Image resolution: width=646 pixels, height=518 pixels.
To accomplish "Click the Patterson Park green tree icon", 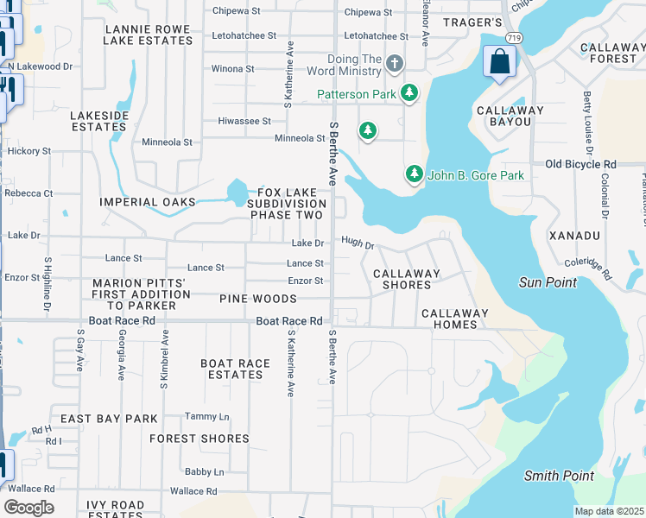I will click(409, 93).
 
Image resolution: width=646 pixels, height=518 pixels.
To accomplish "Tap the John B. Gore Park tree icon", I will click(415, 174).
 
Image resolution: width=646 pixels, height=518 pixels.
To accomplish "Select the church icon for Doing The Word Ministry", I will click(395, 63).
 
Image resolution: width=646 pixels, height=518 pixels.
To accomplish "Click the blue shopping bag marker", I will click(500, 61).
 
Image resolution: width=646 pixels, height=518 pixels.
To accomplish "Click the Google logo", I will click(28, 507).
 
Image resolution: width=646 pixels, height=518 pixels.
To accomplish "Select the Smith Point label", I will click(559, 476).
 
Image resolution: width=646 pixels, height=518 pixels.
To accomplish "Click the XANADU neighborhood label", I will click(574, 235).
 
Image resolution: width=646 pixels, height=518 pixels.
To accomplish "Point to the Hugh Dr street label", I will click(358, 244).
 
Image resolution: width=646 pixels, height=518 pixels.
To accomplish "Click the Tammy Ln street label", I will click(206, 416).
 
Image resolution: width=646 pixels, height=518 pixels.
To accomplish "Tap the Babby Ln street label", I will click(204, 472).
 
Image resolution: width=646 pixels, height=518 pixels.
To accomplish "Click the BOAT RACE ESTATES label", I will click(231, 369).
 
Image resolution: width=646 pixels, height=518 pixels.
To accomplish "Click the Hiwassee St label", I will click(244, 121).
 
